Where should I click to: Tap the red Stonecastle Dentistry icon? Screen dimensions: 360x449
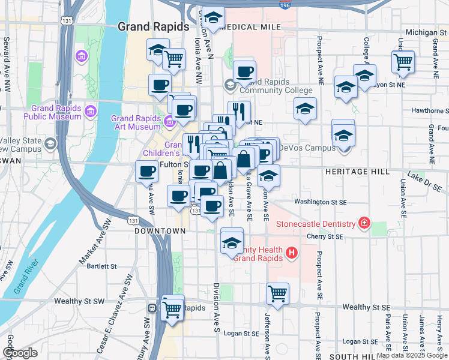tap(364, 224)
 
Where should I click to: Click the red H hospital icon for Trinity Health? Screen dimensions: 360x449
tap(291, 253)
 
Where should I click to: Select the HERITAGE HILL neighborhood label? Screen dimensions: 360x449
tap(354, 172)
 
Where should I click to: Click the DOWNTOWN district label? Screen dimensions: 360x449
tap(160, 231)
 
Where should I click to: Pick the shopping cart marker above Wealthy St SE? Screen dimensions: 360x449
tap(277, 294)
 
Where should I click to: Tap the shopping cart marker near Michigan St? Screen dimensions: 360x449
tap(403, 61)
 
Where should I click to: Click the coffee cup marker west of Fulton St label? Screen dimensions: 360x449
tap(146, 172)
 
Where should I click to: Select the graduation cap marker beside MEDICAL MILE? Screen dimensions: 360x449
tap(212, 17)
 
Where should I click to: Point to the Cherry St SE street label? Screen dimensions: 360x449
tap(325, 237)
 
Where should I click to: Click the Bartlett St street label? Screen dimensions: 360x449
tap(101, 266)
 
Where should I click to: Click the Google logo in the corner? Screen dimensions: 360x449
tap(19, 353)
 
